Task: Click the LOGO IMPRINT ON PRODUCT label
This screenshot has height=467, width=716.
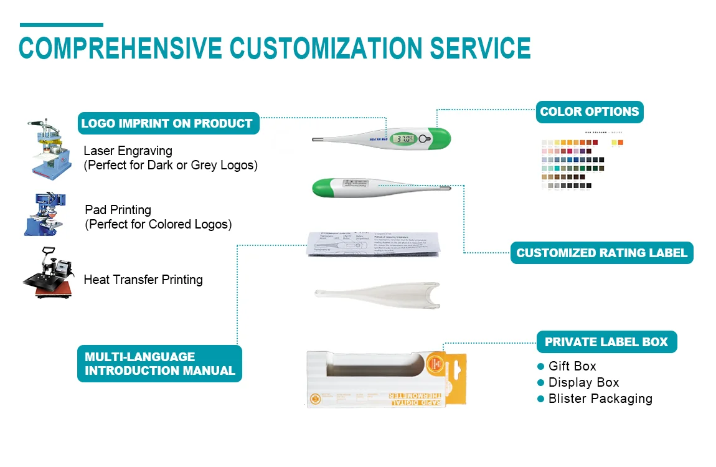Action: pyautogui.click(x=167, y=123)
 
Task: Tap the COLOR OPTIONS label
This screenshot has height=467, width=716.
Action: pyautogui.click(x=589, y=112)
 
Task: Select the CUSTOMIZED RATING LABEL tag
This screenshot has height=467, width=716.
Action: pyautogui.click(x=601, y=253)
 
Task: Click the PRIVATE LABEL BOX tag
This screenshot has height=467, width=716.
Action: pyautogui.click(x=606, y=342)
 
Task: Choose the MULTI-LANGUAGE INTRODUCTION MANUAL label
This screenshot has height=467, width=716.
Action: pyautogui.click(x=159, y=364)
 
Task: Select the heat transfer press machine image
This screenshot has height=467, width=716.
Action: pyautogui.click(x=47, y=273)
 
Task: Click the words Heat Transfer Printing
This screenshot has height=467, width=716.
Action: pyautogui.click(x=143, y=280)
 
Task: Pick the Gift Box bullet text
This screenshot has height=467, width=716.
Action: pyautogui.click(x=572, y=366)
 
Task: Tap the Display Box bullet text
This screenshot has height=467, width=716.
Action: pyautogui.click(x=583, y=382)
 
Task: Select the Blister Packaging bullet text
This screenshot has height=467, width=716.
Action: pyautogui.click(x=600, y=399)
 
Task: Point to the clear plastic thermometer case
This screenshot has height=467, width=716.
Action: pyautogui.click(x=377, y=296)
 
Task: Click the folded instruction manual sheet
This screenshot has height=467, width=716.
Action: pyautogui.click(x=374, y=243)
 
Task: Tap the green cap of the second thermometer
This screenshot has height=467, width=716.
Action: pyautogui.click(x=324, y=186)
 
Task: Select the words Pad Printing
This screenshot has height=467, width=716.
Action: pyautogui.click(x=118, y=210)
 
